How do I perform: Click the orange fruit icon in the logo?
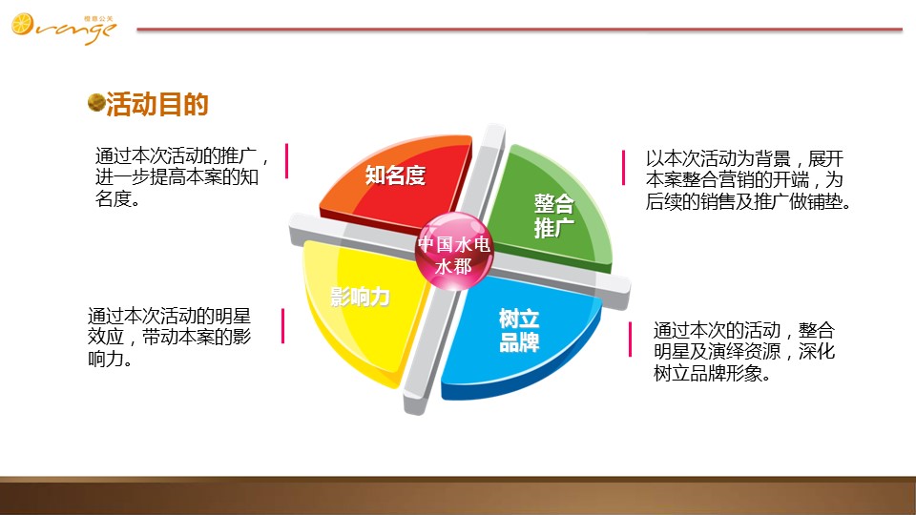pos(22,24)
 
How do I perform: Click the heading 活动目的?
pos(157,105)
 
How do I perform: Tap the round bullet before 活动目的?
pos(95,102)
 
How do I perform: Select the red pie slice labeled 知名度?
pos(397,181)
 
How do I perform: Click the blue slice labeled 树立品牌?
pos(520,333)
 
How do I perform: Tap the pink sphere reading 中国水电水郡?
pos(454,252)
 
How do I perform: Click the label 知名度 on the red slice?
pos(395,175)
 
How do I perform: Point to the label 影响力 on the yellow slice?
pos(360,298)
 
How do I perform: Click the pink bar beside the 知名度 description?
pos(286,160)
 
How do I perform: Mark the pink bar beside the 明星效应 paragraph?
pos(282,326)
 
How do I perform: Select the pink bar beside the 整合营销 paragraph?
pos(623,168)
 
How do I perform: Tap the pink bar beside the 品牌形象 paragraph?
pos(630,340)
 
